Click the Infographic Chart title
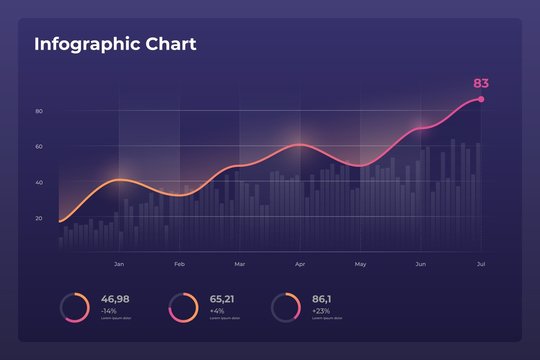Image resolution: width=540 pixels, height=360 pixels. [115, 45]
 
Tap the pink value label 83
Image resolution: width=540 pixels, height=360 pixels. [481, 83]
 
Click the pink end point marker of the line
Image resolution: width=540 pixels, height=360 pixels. [481, 99]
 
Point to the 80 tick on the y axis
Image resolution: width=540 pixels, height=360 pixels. [38, 111]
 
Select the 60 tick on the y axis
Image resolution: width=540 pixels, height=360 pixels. [38, 147]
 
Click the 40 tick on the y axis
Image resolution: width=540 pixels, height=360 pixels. [38, 182]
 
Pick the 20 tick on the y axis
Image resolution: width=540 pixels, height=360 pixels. [38, 218]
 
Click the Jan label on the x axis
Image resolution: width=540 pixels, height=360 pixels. [119, 264]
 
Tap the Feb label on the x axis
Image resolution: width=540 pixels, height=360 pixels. [179, 264]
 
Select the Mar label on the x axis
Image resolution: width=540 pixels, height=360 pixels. [239, 264]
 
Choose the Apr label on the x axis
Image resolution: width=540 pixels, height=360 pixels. [300, 264]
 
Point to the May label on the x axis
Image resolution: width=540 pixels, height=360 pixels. [360, 264]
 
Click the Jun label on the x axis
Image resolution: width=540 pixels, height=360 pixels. [420, 264]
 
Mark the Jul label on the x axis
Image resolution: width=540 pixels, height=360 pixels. [481, 264]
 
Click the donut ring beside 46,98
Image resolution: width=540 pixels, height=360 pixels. [75, 307]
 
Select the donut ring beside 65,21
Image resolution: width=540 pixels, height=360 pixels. [183, 307]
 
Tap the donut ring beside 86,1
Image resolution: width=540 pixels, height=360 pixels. [286, 307]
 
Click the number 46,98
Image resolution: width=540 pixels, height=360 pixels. [115, 299]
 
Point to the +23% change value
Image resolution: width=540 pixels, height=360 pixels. [321, 311]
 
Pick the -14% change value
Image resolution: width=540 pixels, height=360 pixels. [110, 311]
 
